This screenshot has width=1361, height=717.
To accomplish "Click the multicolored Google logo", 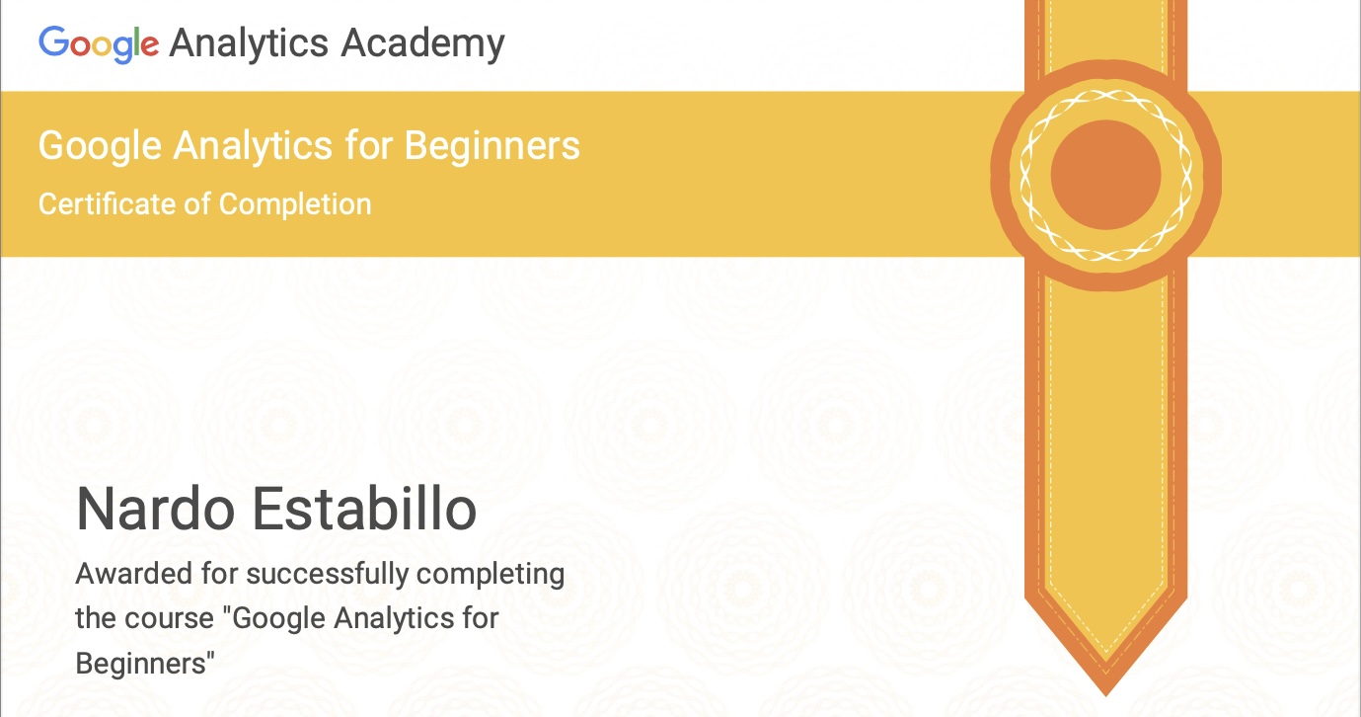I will [x=98, y=43].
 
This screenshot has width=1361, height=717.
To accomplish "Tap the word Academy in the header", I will [x=423, y=43].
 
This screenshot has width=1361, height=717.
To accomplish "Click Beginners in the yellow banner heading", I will [x=491, y=146].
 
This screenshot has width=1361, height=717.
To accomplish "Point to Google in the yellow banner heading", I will [x=100, y=146].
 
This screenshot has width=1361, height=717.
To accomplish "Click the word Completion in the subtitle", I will [x=295, y=204].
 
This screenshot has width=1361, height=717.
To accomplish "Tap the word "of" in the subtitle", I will [x=197, y=204].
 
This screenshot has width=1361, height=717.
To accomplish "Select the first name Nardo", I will [x=156, y=509].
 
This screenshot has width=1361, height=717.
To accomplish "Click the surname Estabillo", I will [x=365, y=509].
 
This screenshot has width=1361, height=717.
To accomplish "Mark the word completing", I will [x=491, y=574].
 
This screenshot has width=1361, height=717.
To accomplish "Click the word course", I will [x=176, y=619].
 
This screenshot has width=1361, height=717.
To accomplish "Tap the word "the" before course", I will [x=96, y=619].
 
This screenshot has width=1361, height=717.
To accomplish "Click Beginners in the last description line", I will [x=142, y=664].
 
